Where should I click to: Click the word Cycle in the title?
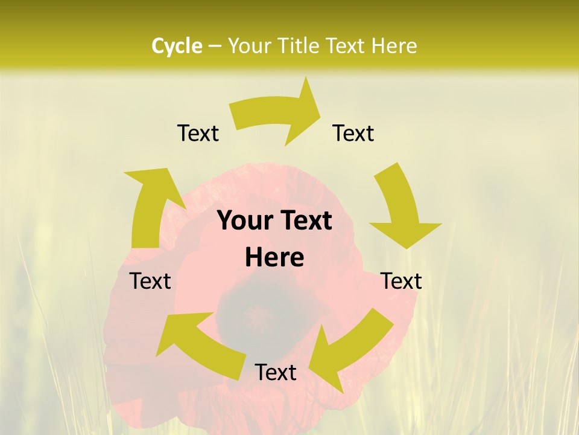click(177, 46)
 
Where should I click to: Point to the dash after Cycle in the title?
click(214, 47)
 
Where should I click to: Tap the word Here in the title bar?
click(393, 46)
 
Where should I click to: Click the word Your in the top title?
click(248, 46)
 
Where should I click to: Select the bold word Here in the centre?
click(274, 257)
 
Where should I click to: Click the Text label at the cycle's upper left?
click(198, 133)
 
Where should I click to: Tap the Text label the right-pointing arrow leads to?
click(353, 133)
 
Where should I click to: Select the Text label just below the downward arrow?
click(402, 281)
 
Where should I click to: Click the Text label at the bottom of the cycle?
click(276, 372)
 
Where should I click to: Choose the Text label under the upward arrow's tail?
click(151, 281)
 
